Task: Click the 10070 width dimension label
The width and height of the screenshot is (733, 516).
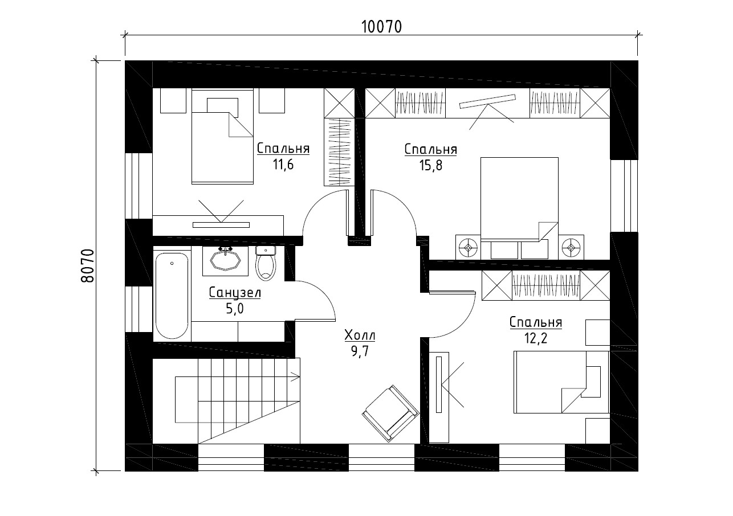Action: pos(381,27)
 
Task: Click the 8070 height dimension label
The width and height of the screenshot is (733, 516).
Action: pos(87,266)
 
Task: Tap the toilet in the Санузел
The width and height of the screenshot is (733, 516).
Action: pos(266,264)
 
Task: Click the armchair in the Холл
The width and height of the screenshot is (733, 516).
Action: pos(390,413)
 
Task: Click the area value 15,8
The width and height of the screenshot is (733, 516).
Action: pos(431,166)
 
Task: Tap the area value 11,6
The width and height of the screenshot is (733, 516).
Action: pos(283,165)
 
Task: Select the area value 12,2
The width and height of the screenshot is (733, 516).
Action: pos(536,338)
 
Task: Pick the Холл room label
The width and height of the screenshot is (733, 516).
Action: pos(360,335)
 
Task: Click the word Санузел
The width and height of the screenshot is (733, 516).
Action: pos(235,293)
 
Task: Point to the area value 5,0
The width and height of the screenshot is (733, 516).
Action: pos(235,308)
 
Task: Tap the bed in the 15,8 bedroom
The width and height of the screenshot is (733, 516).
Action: pos(519,199)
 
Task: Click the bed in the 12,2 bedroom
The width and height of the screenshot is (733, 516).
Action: pos(561,382)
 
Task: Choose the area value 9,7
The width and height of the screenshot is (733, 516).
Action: pos(360,351)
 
